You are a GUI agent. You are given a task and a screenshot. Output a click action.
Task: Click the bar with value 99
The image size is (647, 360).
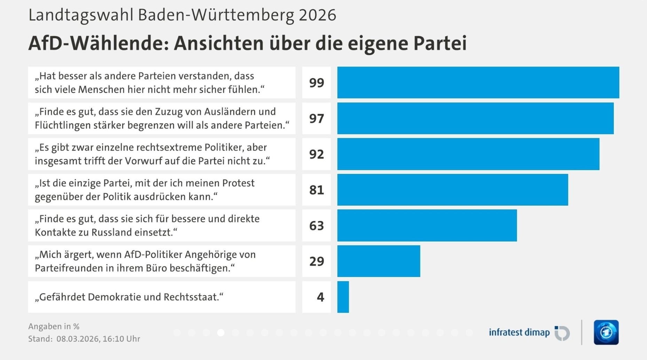click(478, 83)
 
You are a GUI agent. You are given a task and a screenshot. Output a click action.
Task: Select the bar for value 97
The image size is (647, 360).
click(475, 118)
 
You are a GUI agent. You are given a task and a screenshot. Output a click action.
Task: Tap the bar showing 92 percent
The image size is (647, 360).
click(468, 154)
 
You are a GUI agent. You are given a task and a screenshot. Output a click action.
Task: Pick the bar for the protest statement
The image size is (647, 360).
click(452, 190)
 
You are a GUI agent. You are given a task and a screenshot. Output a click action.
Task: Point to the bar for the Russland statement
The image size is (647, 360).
click(427, 225)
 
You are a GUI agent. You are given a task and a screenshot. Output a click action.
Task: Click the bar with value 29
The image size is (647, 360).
click(378, 261)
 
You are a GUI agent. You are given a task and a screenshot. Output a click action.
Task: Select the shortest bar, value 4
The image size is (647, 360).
click(343, 297)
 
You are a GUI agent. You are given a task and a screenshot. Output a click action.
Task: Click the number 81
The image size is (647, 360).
click(316, 190)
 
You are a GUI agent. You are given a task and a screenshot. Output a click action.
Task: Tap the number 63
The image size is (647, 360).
click(316, 226)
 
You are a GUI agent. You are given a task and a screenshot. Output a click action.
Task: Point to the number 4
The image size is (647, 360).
click(321, 297)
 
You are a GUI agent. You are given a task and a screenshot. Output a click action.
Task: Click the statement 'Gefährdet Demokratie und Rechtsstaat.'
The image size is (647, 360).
click(129, 297)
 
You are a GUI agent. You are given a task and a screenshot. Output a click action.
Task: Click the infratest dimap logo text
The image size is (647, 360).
click(519, 332)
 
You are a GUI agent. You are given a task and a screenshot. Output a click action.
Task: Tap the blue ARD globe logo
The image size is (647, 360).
click(606, 332)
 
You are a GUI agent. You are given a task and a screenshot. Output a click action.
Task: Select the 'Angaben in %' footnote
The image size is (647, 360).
click(54, 327)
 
